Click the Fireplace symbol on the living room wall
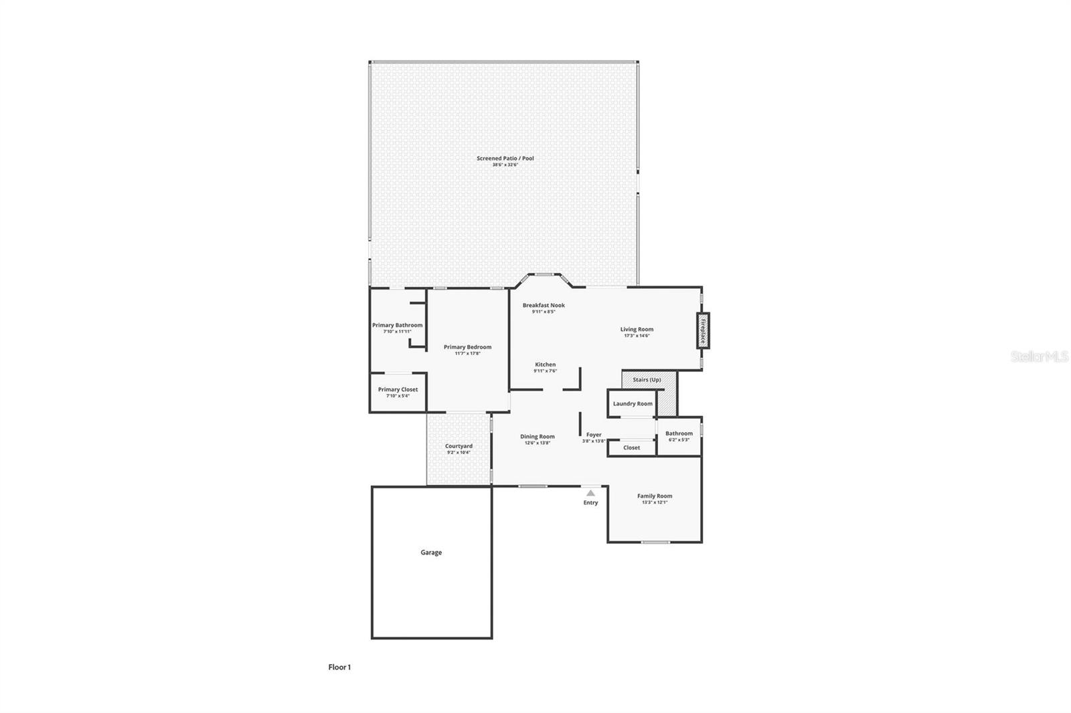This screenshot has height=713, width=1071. tap(703, 330)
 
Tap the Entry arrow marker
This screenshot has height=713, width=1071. tap(590, 493)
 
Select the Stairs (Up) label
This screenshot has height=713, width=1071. tap(647, 380)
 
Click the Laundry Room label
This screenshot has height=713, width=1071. tap(633, 404)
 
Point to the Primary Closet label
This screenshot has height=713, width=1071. tap(398, 389)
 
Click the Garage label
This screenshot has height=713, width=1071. tap(431, 552)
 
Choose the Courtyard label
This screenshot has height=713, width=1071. tap(459, 446)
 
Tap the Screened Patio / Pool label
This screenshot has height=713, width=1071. tap(505, 159)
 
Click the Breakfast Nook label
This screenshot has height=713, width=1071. tap(544, 305)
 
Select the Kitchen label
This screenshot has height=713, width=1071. tap(545, 365)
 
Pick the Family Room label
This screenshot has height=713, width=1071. tap(654, 496)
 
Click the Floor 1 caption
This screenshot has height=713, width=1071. tap(339, 667)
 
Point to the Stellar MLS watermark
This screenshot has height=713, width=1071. tap(1039, 357)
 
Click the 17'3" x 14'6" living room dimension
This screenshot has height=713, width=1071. tap(636, 336)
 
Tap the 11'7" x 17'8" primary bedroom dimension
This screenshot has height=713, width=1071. tap(467, 353)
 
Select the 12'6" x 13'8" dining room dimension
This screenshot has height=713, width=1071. tap(538, 443)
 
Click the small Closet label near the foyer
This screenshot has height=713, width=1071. tap(631, 447)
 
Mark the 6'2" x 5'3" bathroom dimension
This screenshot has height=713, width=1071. tap(679, 440)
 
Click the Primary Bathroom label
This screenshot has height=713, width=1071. tap(397, 325)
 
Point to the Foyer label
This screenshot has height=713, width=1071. tap(594, 435)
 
